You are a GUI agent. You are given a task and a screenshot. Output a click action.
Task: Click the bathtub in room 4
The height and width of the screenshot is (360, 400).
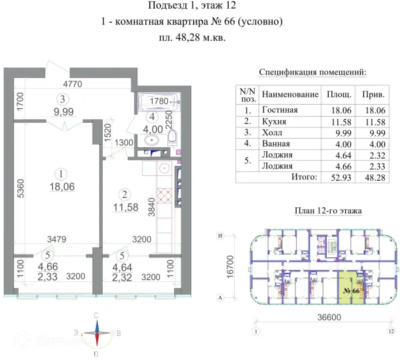[158, 101]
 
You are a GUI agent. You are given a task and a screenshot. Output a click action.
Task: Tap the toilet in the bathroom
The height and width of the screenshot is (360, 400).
[173, 137]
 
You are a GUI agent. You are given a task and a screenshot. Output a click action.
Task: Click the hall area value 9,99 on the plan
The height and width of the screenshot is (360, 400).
[64, 112]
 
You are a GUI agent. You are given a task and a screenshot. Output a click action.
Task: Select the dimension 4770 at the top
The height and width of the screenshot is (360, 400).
[73, 85]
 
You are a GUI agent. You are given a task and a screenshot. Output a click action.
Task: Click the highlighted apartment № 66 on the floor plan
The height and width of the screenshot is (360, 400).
[351, 291]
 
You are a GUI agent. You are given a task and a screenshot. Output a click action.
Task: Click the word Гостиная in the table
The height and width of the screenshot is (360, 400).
[280, 110]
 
